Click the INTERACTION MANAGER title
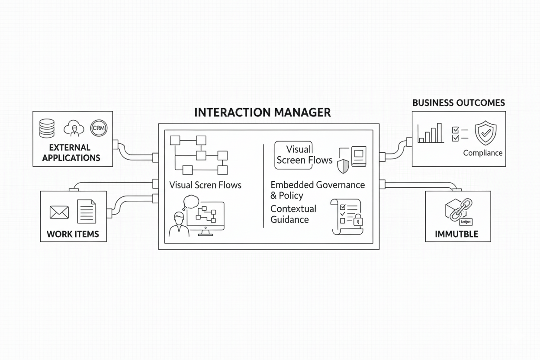(x=262, y=112)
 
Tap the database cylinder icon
(x=47, y=129)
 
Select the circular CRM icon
(x=99, y=128)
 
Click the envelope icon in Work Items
(x=59, y=212)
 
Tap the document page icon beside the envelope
(x=87, y=211)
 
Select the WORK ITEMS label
(x=73, y=234)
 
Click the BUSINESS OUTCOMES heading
(x=458, y=103)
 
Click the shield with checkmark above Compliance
(x=485, y=133)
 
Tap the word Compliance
(x=482, y=153)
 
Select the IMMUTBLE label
(x=456, y=234)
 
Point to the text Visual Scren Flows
(x=205, y=185)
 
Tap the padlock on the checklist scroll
(x=358, y=221)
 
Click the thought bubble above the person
(x=191, y=201)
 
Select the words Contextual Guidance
(x=293, y=214)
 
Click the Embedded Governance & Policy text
(x=317, y=190)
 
